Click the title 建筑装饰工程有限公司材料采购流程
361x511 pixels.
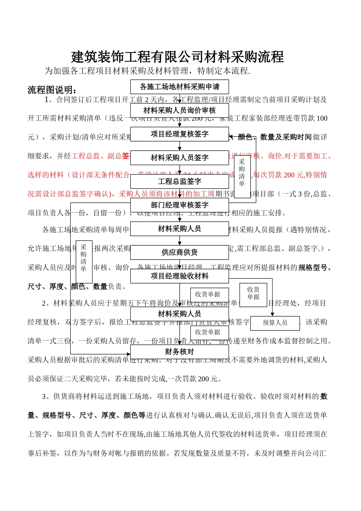[177, 57]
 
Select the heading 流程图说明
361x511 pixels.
[52, 90]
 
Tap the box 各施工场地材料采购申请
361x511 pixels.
[179, 87]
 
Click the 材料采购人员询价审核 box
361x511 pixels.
[179, 111]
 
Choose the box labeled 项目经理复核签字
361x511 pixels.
[179, 134]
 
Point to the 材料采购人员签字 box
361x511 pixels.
[179, 158]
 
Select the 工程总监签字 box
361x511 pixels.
[179, 182]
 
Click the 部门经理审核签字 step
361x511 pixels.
[179, 205]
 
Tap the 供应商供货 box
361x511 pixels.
[179, 252]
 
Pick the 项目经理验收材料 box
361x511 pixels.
[179, 276]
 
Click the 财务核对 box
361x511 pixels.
[179, 352]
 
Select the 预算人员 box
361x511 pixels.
[275, 323]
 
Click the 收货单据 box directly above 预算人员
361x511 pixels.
[253, 294]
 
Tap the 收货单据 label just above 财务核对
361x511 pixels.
[207, 332]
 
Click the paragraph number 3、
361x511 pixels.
[46, 397]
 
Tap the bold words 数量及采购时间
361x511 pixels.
[286, 137]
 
